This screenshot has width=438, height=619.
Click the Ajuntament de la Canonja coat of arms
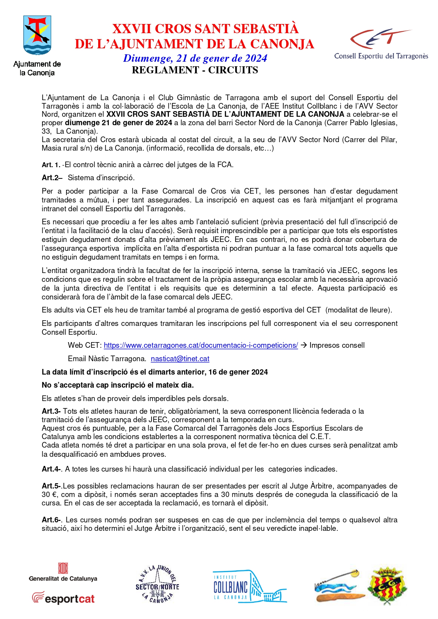pyautogui.click(x=37, y=35)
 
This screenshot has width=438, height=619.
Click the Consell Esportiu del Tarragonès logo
pyautogui.click(x=381, y=44)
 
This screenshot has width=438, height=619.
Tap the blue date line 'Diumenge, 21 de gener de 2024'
pyautogui.click(x=195, y=58)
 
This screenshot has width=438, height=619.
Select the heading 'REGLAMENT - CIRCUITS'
pyautogui.click(x=195, y=70)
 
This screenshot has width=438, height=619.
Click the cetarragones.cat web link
pyautogui.click(x=201, y=345)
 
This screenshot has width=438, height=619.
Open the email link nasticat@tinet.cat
pyautogui.click(x=180, y=359)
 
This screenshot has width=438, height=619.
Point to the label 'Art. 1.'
pyautogui.click(x=51, y=165)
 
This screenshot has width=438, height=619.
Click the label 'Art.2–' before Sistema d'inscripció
pyautogui.click(x=52, y=178)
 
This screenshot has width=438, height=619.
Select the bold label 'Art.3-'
pyautogui.click(x=51, y=411)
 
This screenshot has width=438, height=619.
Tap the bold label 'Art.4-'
pyautogui.click(x=52, y=469)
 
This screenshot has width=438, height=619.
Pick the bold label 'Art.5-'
pyautogui.click(x=52, y=486)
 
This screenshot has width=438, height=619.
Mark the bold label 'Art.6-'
pyautogui.click(x=52, y=520)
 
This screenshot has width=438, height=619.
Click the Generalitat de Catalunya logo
pyautogui.click(x=63, y=572)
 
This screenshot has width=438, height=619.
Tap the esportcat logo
pyautogui.click(x=64, y=598)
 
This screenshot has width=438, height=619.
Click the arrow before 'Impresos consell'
pyautogui.click(x=303, y=345)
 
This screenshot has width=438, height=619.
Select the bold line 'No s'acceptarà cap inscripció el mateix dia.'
pyautogui.click(x=118, y=385)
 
